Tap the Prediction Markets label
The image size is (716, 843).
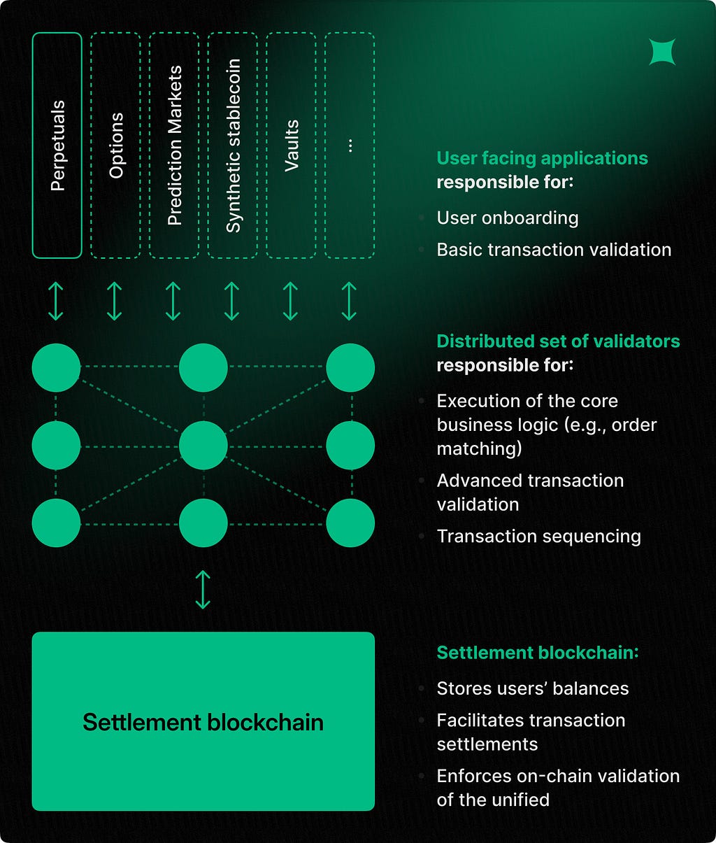[x=175, y=146]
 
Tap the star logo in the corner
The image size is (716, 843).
[x=662, y=52]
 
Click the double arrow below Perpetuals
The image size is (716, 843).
[x=56, y=301]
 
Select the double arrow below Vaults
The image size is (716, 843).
[x=290, y=301]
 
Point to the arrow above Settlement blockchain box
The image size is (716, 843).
[x=203, y=590]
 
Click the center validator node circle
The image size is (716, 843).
[x=203, y=446]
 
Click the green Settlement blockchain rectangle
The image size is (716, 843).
[x=203, y=721]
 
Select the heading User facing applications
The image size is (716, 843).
[x=543, y=159]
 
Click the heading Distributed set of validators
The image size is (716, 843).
[x=558, y=341]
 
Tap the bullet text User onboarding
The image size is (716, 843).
[x=508, y=218]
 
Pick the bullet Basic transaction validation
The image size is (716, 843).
[x=554, y=250]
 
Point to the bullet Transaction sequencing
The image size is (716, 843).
[x=538, y=537]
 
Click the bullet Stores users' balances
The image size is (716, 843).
[x=533, y=688]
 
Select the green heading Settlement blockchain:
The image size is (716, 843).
[x=538, y=653]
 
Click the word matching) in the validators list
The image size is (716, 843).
[x=479, y=449]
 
